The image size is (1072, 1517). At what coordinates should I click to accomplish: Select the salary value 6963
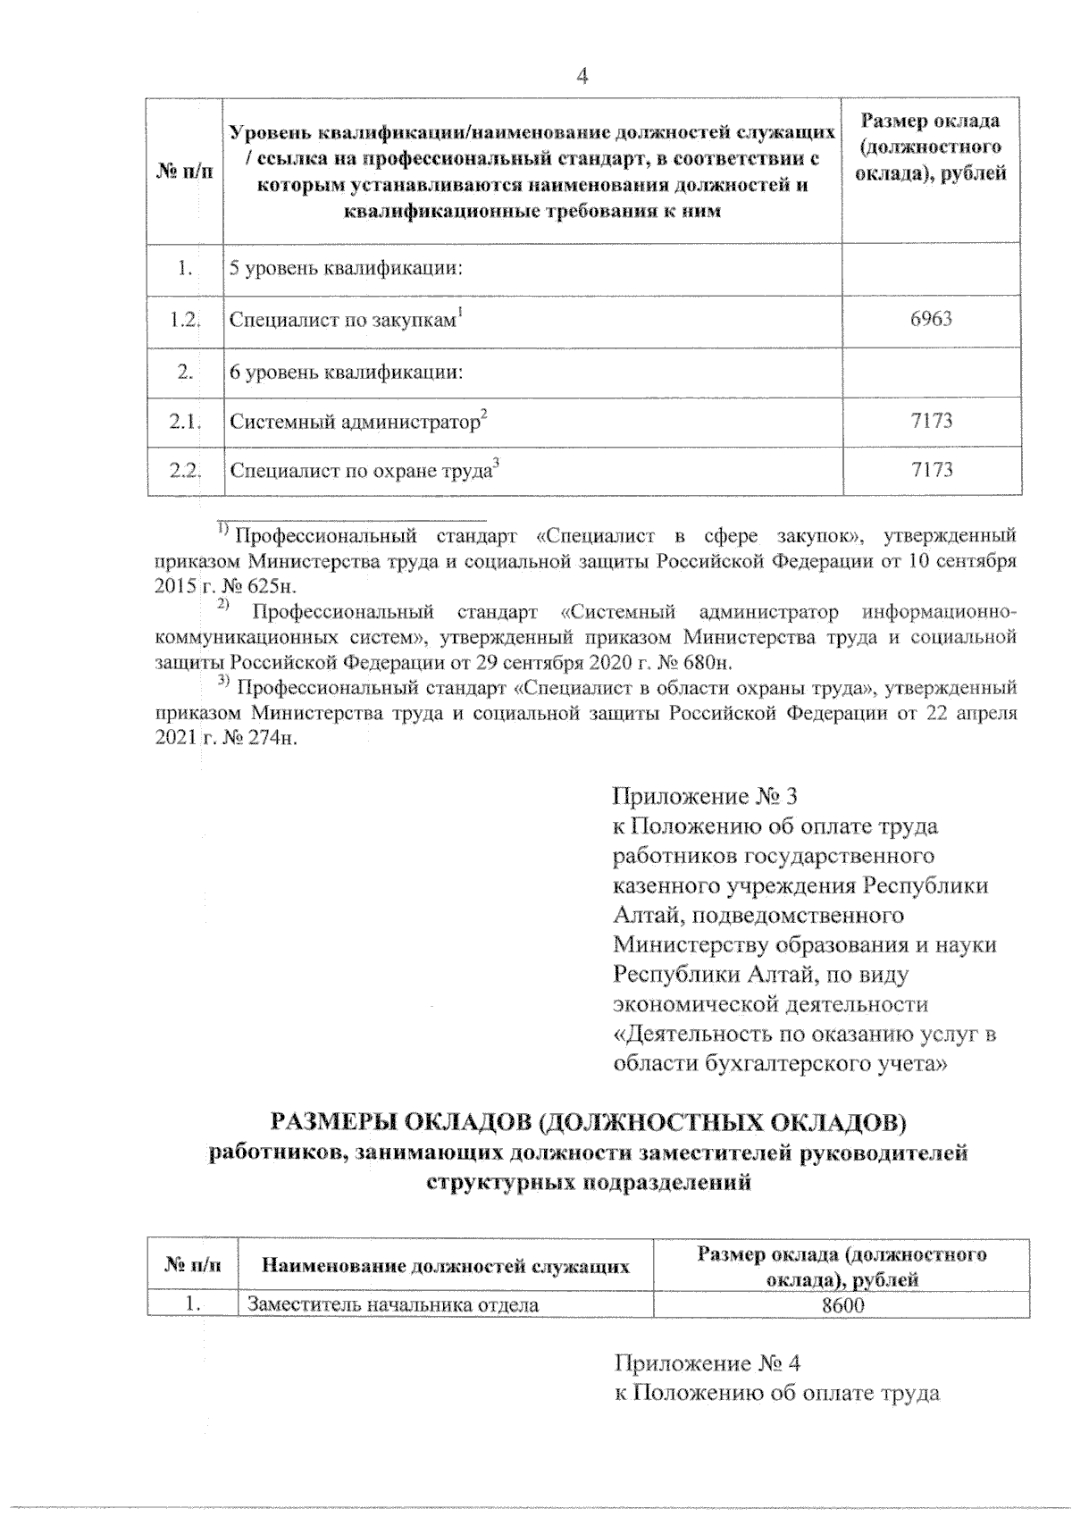[x=931, y=319]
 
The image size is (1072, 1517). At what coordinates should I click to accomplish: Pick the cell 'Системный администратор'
[x=357, y=421]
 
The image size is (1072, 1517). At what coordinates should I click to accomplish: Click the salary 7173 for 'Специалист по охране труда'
[x=931, y=470]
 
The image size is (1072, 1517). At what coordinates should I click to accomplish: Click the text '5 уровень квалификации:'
[x=346, y=268]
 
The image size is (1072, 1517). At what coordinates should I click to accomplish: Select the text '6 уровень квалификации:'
[x=346, y=372]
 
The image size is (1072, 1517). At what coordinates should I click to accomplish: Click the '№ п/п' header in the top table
[x=185, y=171]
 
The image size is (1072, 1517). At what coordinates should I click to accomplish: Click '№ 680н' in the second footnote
[x=694, y=663]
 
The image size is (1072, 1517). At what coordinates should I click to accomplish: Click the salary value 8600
[x=842, y=1305]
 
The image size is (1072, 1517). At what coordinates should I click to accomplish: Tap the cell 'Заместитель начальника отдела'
[x=393, y=1305]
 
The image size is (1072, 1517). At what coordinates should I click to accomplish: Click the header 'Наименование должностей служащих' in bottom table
[x=445, y=1266]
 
